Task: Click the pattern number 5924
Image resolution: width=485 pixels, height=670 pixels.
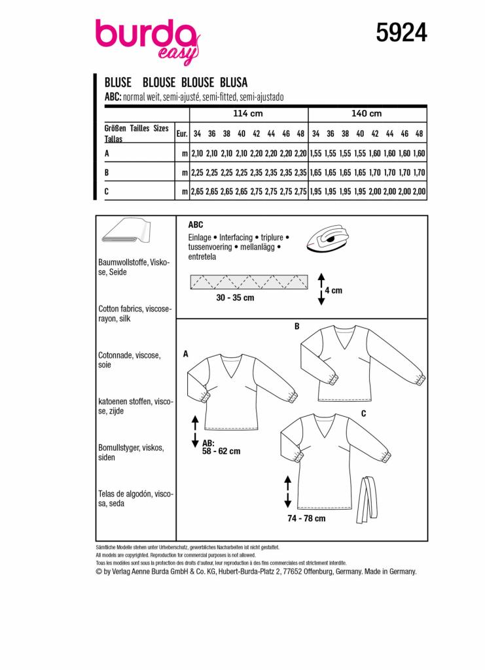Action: pyautogui.click(x=402, y=31)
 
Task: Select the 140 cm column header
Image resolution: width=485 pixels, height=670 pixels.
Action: pyautogui.click(x=366, y=114)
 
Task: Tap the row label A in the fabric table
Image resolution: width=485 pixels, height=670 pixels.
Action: pyautogui.click(x=107, y=153)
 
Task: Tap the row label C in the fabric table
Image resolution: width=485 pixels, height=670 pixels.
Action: pyautogui.click(x=107, y=191)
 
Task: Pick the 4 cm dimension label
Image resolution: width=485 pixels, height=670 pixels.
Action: pyautogui.click(x=333, y=291)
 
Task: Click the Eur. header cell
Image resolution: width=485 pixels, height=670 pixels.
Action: pyautogui.click(x=182, y=133)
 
